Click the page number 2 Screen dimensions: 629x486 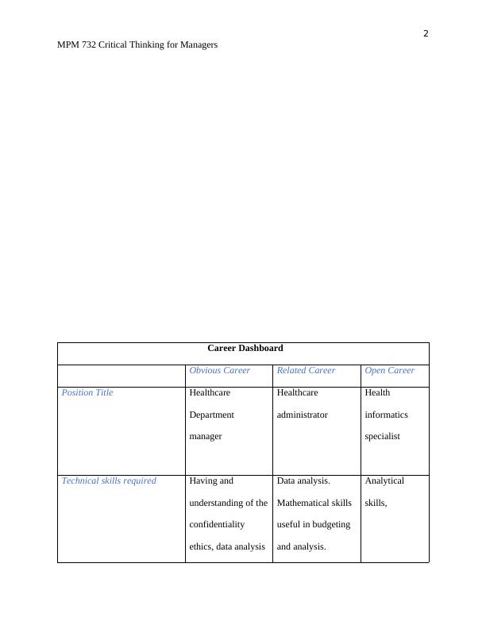(x=426, y=33)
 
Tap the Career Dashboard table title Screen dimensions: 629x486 (x=245, y=348)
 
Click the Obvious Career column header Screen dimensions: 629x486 (x=219, y=370)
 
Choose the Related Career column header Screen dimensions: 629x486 (x=306, y=370)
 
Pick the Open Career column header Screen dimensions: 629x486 (x=389, y=370)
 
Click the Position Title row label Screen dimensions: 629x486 (x=87, y=392)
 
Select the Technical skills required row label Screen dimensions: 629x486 (x=109, y=480)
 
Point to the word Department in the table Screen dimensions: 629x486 (x=211, y=415)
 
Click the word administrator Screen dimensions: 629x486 (x=302, y=415)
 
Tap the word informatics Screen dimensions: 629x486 (x=386, y=415)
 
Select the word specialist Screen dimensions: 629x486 (x=383, y=436)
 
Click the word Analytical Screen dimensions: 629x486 (x=384, y=480)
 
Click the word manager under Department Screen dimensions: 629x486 (x=205, y=436)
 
